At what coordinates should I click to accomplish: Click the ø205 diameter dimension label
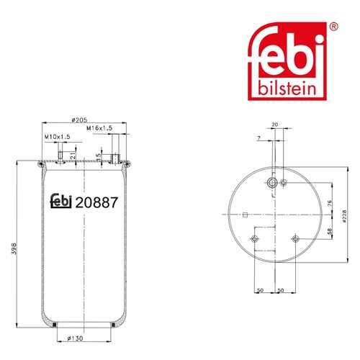tap(79, 120)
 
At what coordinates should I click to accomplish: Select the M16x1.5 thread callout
tap(99, 128)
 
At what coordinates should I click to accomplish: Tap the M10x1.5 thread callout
tap(58, 137)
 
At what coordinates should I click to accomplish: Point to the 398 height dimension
tap(14, 248)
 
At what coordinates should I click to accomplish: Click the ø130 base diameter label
tap(75, 338)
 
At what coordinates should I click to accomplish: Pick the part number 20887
tap(96, 202)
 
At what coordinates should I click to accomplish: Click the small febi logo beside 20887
tap(61, 201)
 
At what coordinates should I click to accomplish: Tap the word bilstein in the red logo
tap(287, 89)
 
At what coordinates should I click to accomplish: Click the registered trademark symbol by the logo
tap(334, 26)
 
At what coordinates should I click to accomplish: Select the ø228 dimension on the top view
tap(344, 216)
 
